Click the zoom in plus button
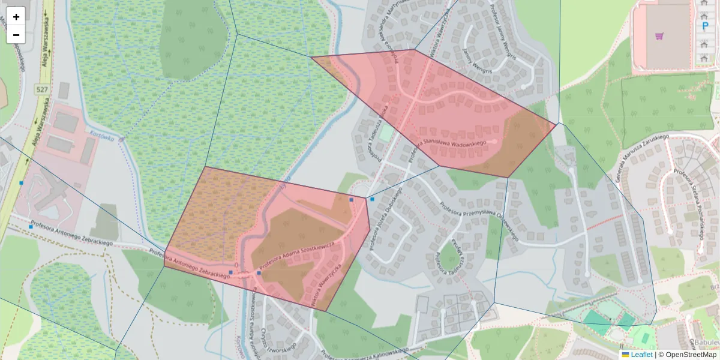16,17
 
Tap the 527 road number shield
42,89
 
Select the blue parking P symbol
704,26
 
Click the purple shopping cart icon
659,37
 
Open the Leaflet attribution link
641,355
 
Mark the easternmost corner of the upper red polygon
557,124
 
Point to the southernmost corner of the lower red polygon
326,311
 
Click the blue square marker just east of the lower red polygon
372,199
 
